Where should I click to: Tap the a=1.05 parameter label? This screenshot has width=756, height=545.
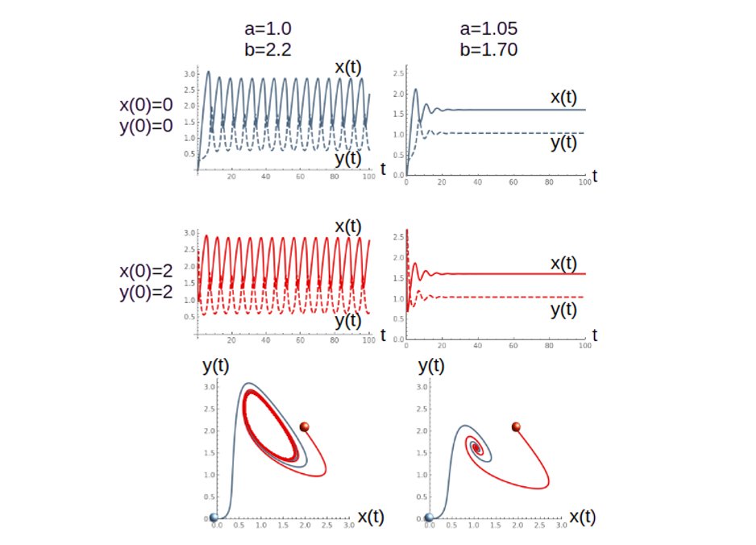pyautogui.click(x=488, y=29)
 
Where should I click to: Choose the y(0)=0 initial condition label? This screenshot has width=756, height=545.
pyautogui.click(x=146, y=127)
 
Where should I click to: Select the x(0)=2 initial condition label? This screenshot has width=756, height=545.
pyautogui.click(x=146, y=272)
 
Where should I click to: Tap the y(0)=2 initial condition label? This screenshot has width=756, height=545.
pyautogui.click(x=146, y=292)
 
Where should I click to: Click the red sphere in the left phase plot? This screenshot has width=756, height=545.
pyautogui.click(x=305, y=426)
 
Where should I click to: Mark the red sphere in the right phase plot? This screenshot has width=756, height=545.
pyautogui.click(x=516, y=426)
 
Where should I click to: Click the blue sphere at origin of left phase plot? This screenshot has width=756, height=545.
pyautogui.click(x=214, y=518)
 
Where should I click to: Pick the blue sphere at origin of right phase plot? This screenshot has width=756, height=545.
pyautogui.click(x=429, y=518)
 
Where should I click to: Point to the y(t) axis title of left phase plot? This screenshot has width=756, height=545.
pyautogui.click(x=216, y=366)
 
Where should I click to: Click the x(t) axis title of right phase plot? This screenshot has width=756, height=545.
pyautogui.click(x=583, y=517)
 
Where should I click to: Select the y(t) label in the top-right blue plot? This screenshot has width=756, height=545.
pyautogui.click(x=564, y=144)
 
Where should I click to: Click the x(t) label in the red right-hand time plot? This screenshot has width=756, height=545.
pyautogui.click(x=564, y=264)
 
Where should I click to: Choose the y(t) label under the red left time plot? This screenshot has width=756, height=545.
pyautogui.click(x=348, y=321)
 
